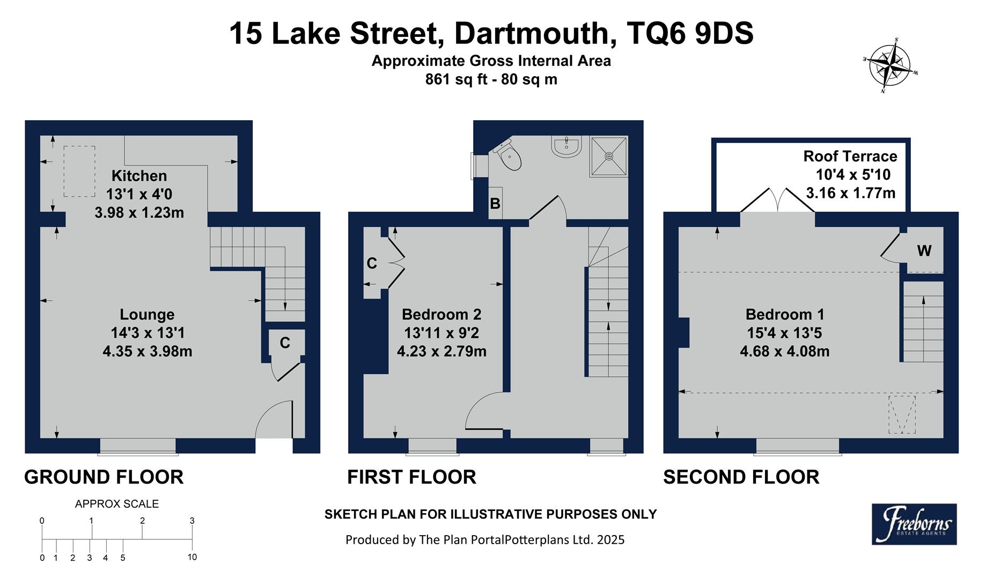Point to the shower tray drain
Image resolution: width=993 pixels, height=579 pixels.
coord(609,156)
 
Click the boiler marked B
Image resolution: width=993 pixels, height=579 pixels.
coord(495,204)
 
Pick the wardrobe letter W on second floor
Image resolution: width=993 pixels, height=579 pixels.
coord(924,250)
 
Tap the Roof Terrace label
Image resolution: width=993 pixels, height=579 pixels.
coord(850,157)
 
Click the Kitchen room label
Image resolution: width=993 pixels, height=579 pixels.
coord(139,176)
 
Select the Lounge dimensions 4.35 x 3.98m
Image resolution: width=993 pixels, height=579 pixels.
coord(148,352)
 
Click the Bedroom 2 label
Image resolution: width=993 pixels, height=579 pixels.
coord(442,314)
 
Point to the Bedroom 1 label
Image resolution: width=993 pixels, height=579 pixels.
coord(784,314)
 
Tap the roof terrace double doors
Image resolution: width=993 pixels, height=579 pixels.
coord(778,201)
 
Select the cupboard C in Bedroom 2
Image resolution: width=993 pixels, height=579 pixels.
coord(372,263)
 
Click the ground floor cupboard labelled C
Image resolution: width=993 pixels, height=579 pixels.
coord(285,343)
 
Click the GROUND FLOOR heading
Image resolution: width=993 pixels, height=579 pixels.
coord(104,477)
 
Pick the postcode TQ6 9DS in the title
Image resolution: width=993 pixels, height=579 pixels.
coord(690,33)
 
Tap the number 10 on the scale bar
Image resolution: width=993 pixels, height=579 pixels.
coord(192,557)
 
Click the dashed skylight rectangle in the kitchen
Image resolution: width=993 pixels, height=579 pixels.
coord(79,171)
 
